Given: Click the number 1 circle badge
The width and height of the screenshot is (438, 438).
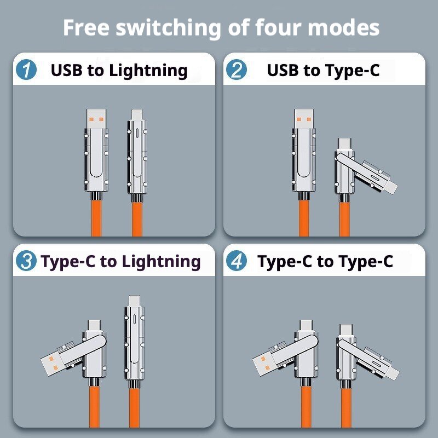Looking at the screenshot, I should coord(26,71).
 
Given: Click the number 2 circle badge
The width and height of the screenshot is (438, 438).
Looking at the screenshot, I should coord(237,71).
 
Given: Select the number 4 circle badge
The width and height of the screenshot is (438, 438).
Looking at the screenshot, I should coord(237,261).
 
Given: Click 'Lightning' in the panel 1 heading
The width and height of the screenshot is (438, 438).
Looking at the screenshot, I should coord(148,71).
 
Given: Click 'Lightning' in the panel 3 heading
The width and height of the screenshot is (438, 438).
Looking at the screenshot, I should coord(161,262).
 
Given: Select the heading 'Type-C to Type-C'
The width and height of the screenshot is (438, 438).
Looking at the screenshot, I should coord(325,262).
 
